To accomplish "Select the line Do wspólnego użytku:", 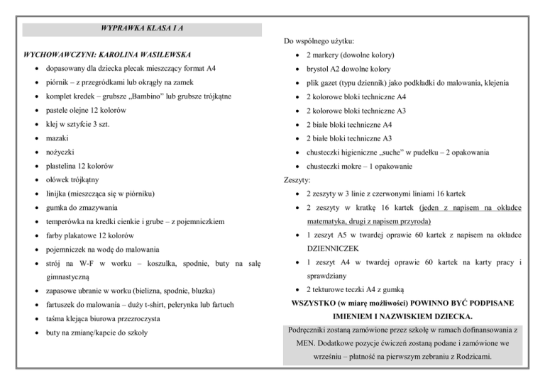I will tap(319, 41).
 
